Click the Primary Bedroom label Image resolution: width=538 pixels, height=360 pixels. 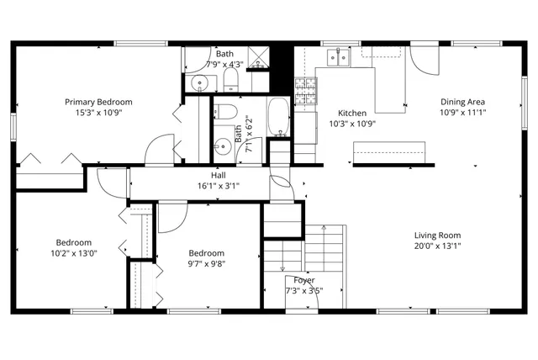tap(98, 102)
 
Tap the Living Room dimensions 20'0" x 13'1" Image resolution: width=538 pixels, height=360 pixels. tap(437, 246)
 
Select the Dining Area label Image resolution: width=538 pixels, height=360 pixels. tap(463, 102)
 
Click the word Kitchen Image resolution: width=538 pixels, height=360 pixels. tap(351, 113)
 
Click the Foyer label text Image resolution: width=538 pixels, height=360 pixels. tap(303, 280)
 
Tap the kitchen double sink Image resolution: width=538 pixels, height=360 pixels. tap(340, 57)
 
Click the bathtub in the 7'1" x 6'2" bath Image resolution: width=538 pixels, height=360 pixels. tap(278, 117)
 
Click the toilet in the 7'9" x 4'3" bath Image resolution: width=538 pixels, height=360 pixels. tap(231, 81)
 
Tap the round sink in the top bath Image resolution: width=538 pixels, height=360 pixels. tap(198, 82)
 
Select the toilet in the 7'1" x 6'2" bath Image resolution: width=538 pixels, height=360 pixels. tap(225, 112)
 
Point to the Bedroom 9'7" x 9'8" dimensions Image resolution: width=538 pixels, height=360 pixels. tap(206, 263)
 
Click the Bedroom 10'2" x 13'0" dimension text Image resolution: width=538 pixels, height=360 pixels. tap(74, 252)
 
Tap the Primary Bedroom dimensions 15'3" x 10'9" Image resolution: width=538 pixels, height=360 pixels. tap(98, 112)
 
